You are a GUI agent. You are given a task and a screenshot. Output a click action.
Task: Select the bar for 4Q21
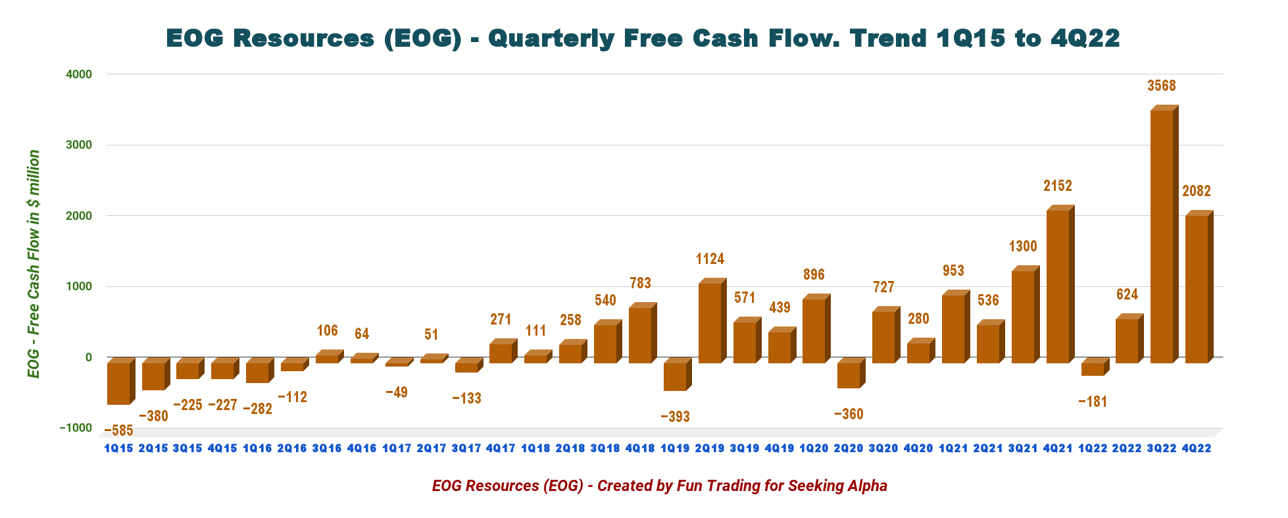pyautogui.click(x=1058, y=286)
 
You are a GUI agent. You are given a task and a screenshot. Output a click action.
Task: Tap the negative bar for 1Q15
pyautogui.click(x=118, y=383)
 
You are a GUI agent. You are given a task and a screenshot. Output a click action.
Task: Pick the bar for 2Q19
pyautogui.click(x=710, y=323)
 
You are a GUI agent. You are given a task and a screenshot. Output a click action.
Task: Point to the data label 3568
pyautogui.click(x=1162, y=86)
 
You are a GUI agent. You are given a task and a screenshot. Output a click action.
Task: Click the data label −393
pyautogui.click(x=676, y=417)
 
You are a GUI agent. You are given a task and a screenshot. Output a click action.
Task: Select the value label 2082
pyautogui.click(x=1197, y=191)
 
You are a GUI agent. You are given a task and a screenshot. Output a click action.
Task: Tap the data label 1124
pyautogui.click(x=710, y=259)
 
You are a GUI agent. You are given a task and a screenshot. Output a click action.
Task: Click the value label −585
pyautogui.click(x=119, y=431)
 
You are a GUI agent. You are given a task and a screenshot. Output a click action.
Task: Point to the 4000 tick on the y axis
pyautogui.click(x=79, y=74)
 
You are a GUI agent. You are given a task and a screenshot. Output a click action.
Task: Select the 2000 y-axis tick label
pyautogui.click(x=79, y=216)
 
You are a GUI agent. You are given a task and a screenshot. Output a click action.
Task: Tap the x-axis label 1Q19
pyautogui.click(x=675, y=448)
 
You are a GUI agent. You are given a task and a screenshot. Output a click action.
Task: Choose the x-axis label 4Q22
pyautogui.click(x=1197, y=448)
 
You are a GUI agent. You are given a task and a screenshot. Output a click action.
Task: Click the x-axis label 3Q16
pyautogui.click(x=327, y=448)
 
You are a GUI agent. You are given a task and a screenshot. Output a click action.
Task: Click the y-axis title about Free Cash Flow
pyautogui.click(x=34, y=263)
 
